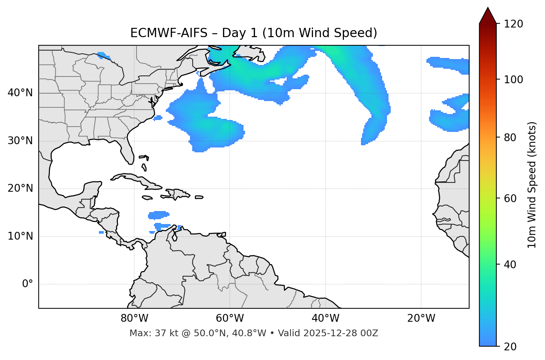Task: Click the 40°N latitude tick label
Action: click(x=20, y=93)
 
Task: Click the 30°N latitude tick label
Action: click(x=20, y=141)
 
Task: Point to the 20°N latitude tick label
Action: click(x=20, y=188)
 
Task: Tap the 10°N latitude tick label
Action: click(x=20, y=236)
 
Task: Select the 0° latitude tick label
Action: click(x=28, y=284)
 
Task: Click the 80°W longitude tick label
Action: click(x=134, y=318)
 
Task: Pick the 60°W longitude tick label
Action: click(x=230, y=318)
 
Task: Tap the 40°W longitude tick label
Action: click(x=325, y=318)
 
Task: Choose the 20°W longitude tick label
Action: click(x=421, y=318)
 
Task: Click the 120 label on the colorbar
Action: click(x=513, y=24)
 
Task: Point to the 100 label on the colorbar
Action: click(x=513, y=80)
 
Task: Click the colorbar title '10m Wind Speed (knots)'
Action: click(x=532, y=185)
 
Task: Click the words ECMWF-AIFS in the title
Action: click(x=168, y=33)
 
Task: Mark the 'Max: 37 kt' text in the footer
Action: click(x=146, y=333)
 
